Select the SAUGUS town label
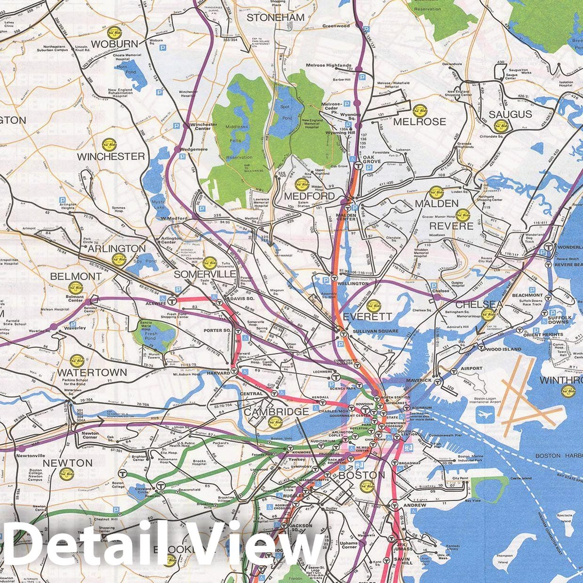click(x=510, y=114)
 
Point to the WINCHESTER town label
click(x=111, y=156)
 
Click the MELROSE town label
click(x=419, y=121)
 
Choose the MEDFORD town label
click(x=310, y=196)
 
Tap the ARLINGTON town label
click(x=117, y=248)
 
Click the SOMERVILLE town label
click(x=205, y=274)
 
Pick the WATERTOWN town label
click(x=92, y=372)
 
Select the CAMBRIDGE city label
click(x=276, y=412)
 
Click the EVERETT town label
click(x=367, y=317)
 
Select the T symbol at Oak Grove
click(x=359, y=166)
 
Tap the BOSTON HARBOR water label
click(x=555, y=455)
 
